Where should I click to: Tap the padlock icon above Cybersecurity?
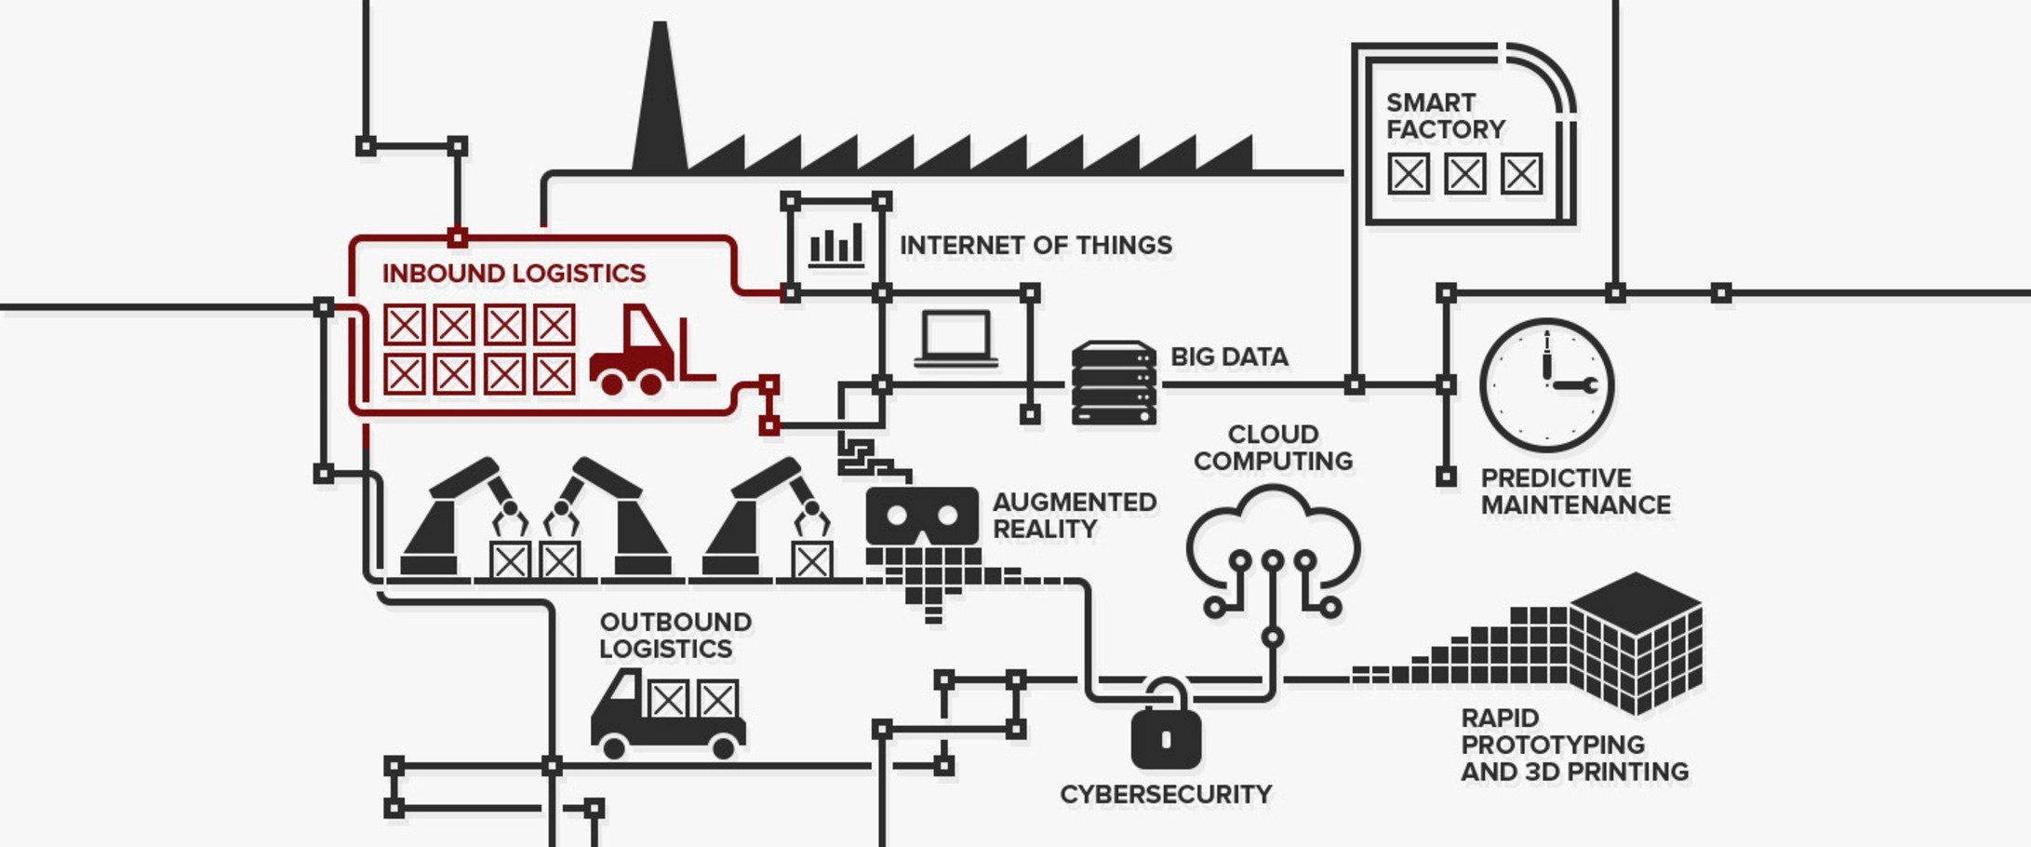(x=1165, y=731)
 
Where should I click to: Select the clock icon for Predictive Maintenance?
(x=1546, y=385)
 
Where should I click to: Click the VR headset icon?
(x=922, y=516)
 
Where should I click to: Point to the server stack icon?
(x=1114, y=383)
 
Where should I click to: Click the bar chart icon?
(x=835, y=247)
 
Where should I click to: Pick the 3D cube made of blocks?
(x=1636, y=642)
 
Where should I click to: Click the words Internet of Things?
(x=1035, y=246)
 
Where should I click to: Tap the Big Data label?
(x=1228, y=357)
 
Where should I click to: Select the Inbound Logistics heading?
(x=514, y=274)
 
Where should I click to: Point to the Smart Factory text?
(x=1444, y=116)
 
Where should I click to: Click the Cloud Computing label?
(x=1273, y=448)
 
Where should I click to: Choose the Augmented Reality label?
(x=1074, y=516)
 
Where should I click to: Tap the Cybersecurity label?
(x=1165, y=795)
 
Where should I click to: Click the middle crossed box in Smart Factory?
(x=1464, y=174)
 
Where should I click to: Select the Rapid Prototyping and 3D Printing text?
(x=1573, y=746)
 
